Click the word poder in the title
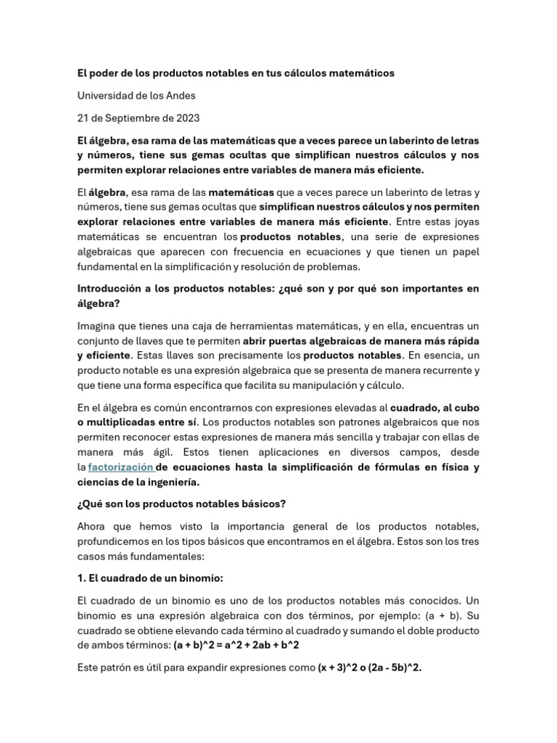(105, 73)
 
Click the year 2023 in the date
(185, 118)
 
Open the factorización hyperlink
(120, 467)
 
